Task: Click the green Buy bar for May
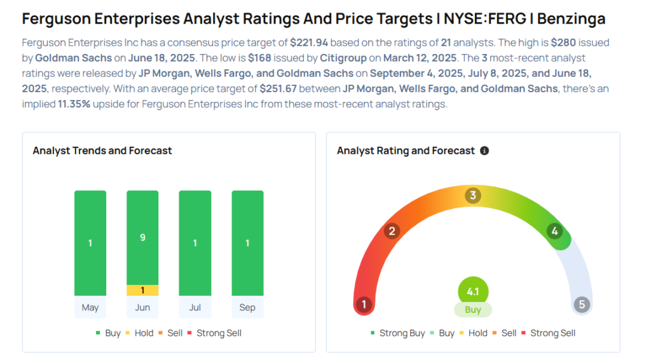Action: tap(90, 243)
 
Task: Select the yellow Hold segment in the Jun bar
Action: tap(142, 290)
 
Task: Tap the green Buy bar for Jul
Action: tap(195, 243)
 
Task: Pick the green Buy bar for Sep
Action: tap(247, 243)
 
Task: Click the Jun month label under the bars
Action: tap(142, 307)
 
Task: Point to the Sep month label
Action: tap(247, 307)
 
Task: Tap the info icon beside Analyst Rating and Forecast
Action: tap(484, 151)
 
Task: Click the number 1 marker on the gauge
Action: tap(364, 304)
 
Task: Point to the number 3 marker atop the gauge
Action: tap(472, 195)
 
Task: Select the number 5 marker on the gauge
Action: tap(582, 304)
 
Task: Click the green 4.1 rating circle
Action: tap(473, 292)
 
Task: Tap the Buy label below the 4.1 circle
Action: tap(473, 310)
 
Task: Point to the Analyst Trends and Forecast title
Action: tap(102, 151)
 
